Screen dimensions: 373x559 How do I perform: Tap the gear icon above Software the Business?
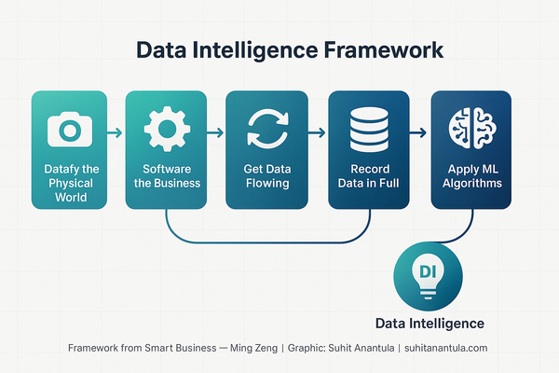168,129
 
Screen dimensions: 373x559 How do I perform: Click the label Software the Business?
168,177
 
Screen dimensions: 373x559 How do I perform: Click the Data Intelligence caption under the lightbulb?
429,324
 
